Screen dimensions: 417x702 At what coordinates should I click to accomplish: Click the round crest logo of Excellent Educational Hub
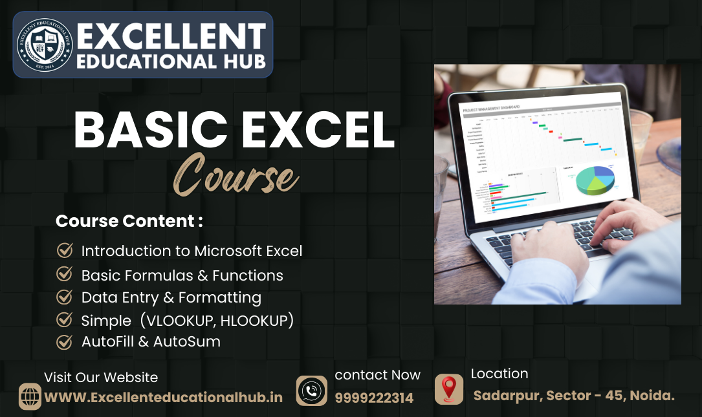coord(44,44)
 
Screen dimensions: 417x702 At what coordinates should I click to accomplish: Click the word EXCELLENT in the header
coord(171,35)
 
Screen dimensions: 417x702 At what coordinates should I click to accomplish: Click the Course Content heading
coord(129,221)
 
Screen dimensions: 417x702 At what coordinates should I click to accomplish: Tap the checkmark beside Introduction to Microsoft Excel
coord(64,250)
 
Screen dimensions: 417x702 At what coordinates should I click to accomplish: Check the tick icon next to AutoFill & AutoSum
coord(64,341)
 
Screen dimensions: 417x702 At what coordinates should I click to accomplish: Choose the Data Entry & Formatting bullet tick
coord(64,297)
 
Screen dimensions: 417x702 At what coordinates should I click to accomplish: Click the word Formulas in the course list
coord(159,275)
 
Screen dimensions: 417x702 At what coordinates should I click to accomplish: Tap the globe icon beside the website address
coord(30,396)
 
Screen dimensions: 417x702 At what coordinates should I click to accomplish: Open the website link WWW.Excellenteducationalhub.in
coord(163,397)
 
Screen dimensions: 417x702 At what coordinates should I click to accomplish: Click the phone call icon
coord(312,390)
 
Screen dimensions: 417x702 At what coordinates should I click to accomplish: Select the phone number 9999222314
coord(374,398)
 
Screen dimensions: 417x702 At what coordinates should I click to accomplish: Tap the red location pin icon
coord(448,389)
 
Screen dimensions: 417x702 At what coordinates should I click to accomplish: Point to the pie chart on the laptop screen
coord(595,180)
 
